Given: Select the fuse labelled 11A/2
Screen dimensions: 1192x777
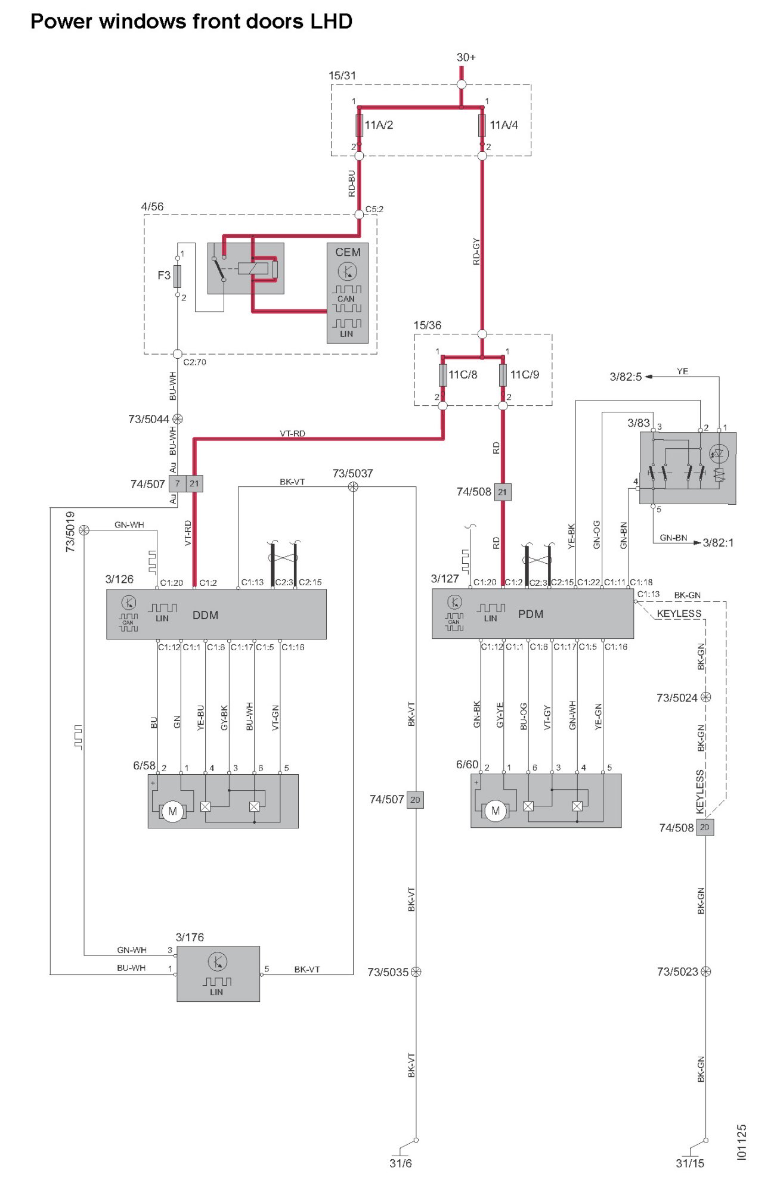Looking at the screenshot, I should (359, 125).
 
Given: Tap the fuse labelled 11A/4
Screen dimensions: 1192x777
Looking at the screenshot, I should (482, 125).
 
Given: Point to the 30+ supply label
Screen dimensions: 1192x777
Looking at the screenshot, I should (466, 57).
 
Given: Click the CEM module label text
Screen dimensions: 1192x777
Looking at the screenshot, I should (348, 252).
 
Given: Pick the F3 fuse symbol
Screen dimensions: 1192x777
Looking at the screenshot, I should (177, 276).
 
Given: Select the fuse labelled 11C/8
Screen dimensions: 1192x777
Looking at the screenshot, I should (442, 375).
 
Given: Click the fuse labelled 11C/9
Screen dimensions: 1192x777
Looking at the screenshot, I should (503, 375).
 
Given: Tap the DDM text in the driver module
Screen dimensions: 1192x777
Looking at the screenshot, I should (205, 615).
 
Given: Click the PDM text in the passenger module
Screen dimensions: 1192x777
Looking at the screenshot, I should (530, 614).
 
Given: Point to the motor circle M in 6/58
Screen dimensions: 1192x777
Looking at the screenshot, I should (172, 811).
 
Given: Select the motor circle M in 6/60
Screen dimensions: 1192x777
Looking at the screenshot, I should (495, 811).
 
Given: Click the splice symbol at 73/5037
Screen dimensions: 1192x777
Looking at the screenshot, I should (353, 487).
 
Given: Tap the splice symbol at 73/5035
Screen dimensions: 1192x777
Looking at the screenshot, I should (416, 972).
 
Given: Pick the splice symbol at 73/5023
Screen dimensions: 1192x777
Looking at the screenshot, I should (705, 971).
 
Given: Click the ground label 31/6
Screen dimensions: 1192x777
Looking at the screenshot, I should (400, 1163).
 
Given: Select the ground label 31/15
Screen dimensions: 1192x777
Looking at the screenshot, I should (689, 1163).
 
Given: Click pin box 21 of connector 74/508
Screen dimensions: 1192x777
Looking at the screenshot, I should (502, 492).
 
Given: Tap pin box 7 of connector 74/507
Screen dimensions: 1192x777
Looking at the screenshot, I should (177, 483).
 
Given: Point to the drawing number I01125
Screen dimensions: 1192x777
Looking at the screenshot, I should (741, 1142).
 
